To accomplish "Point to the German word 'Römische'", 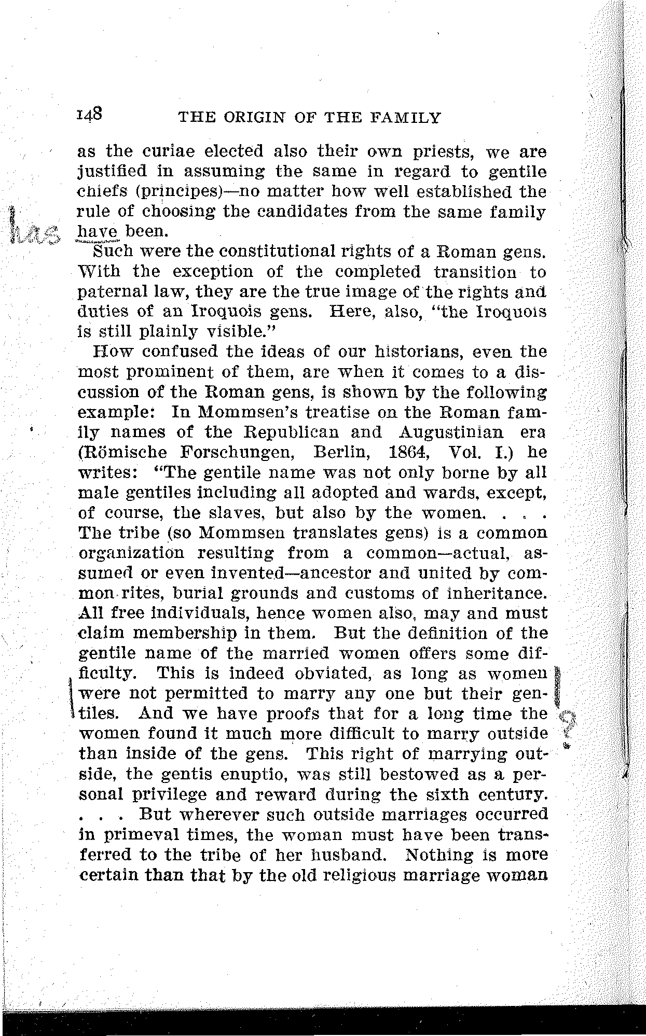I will click(122, 452).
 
